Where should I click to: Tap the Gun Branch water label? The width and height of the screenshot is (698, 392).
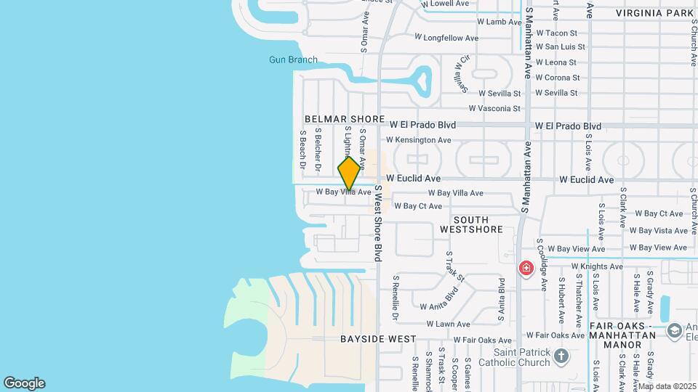click(293, 60)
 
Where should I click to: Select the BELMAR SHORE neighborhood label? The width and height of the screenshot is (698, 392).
click(345, 119)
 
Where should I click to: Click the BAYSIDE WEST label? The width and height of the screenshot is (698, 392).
click(378, 339)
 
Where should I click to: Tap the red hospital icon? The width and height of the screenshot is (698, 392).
click(526, 269)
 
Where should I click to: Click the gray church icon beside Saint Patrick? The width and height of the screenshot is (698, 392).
click(561, 356)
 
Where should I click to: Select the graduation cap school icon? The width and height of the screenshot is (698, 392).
click(674, 330)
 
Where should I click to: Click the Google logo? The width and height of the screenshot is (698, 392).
click(24, 383)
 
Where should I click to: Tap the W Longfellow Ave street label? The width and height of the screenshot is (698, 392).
click(446, 38)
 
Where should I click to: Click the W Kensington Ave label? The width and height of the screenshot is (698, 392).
click(418, 140)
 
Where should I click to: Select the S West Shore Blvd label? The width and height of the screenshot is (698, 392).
click(378, 223)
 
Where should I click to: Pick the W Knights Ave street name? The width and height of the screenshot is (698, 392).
click(597, 266)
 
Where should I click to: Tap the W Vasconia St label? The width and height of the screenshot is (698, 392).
click(494, 109)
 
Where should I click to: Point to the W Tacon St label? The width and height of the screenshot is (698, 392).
click(556, 33)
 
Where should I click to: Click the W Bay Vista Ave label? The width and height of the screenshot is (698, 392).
click(658, 231)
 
